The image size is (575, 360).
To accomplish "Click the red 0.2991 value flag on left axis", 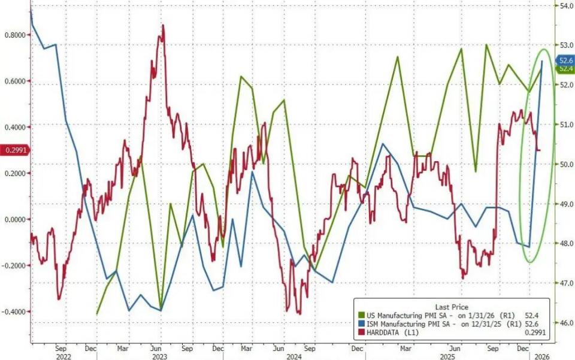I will (13, 150).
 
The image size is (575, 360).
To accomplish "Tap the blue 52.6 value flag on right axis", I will (565, 60).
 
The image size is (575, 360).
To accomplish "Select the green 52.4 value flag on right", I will (565, 69).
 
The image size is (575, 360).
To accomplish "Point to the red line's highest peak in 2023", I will (162, 25).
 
